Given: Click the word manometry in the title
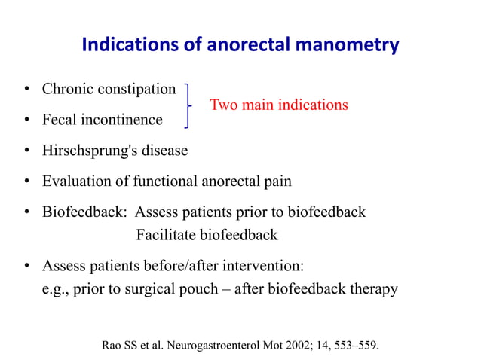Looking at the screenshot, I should click(348, 47).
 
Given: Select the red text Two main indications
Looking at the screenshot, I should click(278, 105).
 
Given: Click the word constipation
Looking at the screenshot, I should click(136, 90).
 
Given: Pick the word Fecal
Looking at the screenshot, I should click(60, 120).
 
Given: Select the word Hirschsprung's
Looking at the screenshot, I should click(87, 151).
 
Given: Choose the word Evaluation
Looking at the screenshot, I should click(75, 182).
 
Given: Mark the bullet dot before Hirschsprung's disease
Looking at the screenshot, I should click(26, 151).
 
